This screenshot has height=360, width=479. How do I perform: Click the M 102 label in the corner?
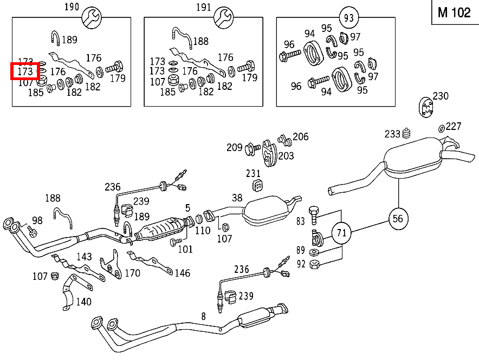coord(454,12)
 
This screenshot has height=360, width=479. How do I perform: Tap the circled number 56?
coord(398,218)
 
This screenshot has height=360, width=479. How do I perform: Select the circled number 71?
coord(341,234)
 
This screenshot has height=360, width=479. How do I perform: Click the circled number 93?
coord(348,17)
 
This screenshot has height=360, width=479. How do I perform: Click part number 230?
coord(441,96)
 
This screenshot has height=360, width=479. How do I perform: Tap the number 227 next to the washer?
coord(453,126)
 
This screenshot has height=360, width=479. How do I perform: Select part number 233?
coord(392,134)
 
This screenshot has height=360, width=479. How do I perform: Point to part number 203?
coord(286,156)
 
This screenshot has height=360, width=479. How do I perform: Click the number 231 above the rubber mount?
coord(253,174)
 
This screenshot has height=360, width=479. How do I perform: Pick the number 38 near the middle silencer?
coord(237,198)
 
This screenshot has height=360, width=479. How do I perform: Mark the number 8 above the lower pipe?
coord(203,316)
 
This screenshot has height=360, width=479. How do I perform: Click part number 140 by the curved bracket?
coord(83,302)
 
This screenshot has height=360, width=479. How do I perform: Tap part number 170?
coord(133,273)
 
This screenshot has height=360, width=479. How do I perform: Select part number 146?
coord(182,273)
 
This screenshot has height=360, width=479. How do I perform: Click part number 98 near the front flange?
coord(37,220)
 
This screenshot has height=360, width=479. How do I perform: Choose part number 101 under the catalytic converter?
coord(185,250)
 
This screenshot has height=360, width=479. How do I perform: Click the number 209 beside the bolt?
coord(235,147)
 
